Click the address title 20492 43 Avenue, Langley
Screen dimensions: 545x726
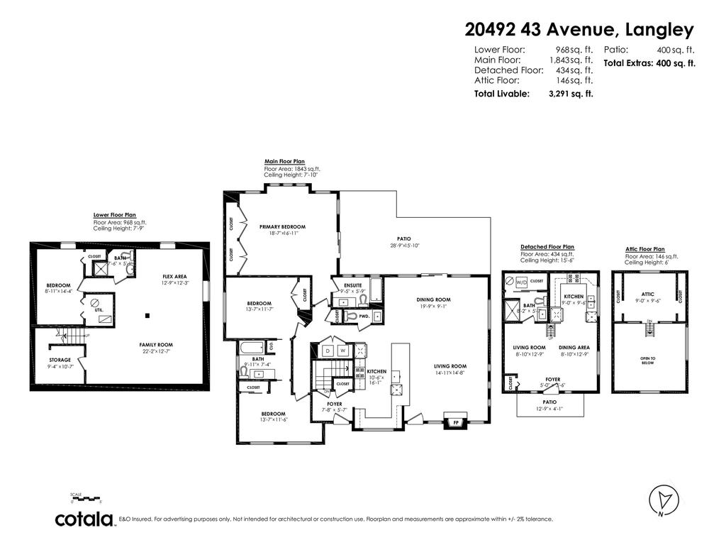pos(579,30)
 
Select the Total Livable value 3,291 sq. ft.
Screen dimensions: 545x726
pos(571,94)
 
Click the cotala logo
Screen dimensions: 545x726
pos(85,519)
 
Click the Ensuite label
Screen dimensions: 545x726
pos(353,285)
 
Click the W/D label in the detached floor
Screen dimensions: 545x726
pos(522,281)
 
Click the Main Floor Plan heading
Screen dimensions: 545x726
pos(284,162)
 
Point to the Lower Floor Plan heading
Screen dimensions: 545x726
pos(114,214)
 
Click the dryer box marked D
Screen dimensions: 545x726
pos(328,351)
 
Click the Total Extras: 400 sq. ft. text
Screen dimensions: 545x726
pos(649,63)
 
